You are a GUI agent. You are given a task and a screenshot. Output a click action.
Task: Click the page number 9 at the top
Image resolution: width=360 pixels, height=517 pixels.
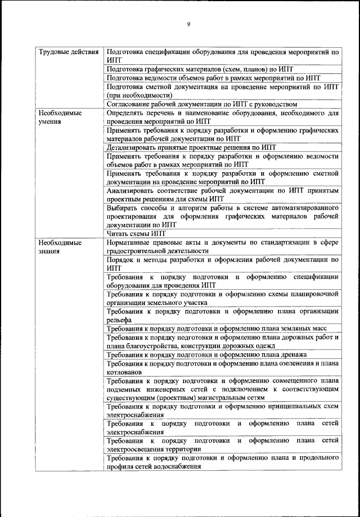pyautogui.click(x=188, y=23)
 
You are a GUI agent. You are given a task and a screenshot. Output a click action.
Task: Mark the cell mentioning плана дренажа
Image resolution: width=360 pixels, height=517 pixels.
pyautogui.click(x=206, y=354)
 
